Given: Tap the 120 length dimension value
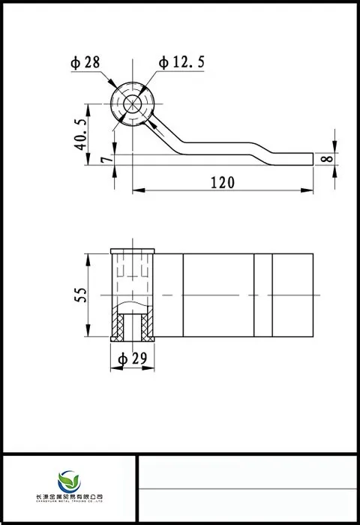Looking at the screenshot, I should pos(222,182).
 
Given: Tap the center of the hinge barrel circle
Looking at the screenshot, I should pos(133,103).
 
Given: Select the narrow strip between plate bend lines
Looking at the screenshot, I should pos(262,295).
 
